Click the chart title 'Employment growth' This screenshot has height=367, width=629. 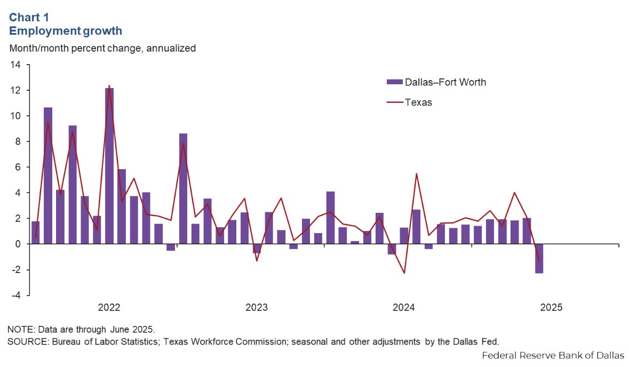(66, 31)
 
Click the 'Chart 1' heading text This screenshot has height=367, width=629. (30, 17)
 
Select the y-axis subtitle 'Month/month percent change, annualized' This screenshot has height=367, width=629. (102, 48)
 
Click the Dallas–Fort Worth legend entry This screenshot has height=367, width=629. (436, 82)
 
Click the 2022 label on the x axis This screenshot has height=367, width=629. (109, 308)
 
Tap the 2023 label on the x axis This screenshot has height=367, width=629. (257, 308)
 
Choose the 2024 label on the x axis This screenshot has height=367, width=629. (404, 308)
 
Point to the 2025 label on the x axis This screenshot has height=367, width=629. (551, 308)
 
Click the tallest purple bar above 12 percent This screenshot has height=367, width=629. (109, 165)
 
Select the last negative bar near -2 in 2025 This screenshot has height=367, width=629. (539, 259)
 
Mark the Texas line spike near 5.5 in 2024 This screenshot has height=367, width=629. (416, 174)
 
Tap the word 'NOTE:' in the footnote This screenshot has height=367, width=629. (19, 328)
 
